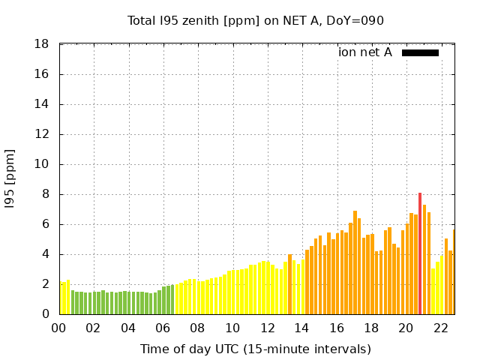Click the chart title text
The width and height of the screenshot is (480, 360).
click(256, 20)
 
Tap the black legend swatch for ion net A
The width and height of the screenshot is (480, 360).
click(420, 52)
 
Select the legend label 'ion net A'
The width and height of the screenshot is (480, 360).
click(365, 52)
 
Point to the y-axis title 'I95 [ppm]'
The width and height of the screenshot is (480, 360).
click(10, 179)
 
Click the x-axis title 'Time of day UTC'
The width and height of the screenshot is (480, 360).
click(256, 349)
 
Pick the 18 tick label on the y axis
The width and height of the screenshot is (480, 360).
click(42, 44)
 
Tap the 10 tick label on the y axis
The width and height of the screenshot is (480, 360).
click(42, 164)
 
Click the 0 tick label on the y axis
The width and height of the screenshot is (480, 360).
click(46, 314)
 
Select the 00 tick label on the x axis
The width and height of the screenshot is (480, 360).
click(58, 328)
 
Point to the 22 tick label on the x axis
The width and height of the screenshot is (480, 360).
click(441, 328)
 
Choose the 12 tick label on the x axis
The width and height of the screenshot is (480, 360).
click(267, 328)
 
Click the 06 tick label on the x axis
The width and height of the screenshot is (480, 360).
click(163, 328)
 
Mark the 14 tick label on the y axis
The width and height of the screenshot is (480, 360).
click(42, 104)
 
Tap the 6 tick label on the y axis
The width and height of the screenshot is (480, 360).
click(46, 224)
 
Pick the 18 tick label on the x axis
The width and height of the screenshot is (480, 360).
click(371, 328)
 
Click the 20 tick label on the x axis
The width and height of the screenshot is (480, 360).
click(406, 328)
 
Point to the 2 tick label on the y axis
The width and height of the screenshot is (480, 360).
click(46, 284)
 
